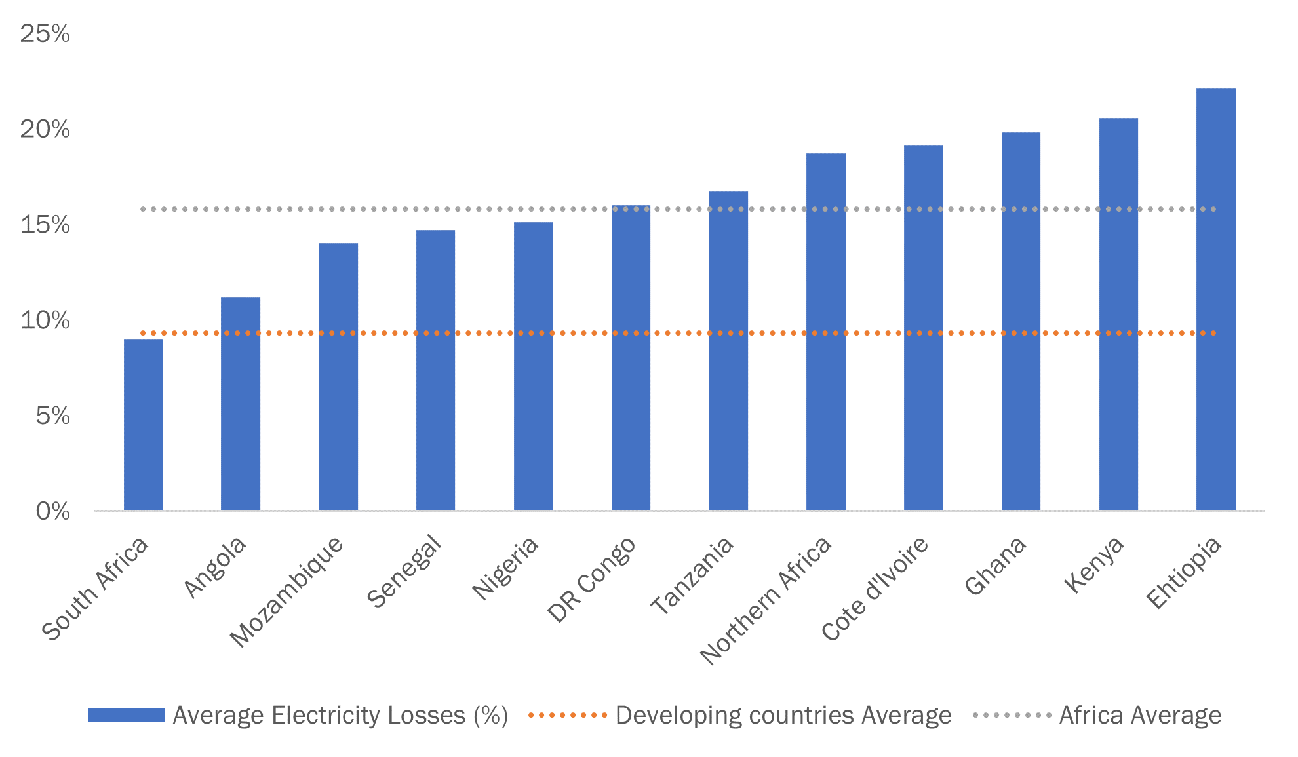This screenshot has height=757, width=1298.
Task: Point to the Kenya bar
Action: pyautogui.click(x=1118, y=314)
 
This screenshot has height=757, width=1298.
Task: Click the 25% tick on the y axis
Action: pyautogui.click(x=45, y=33)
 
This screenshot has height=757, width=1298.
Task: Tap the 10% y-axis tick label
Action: pyautogui.click(x=45, y=320)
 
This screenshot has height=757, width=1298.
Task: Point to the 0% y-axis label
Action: pyautogui.click(x=52, y=511)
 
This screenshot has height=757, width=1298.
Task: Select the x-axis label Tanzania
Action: pyautogui.click(x=692, y=575)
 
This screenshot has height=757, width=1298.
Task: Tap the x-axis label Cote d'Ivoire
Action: pyautogui.click(x=875, y=588)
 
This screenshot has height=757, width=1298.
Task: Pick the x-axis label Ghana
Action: pyautogui.click(x=996, y=565)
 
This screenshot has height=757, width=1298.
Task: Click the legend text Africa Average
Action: pyautogui.click(x=1140, y=715)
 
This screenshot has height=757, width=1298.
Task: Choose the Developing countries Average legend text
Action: pyautogui.click(x=783, y=715)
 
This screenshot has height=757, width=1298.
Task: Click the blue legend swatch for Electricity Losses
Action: pyautogui.click(x=127, y=715)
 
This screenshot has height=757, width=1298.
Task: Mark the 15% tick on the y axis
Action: pyautogui.click(x=45, y=225)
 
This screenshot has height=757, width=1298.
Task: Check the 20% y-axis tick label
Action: pyautogui.click(x=45, y=129)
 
